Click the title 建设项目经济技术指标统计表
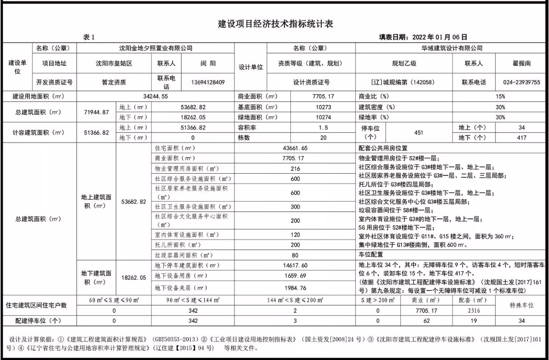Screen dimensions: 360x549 tap(275, 24)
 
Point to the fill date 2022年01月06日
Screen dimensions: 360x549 tap(439, 37)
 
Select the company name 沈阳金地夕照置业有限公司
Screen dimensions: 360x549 tap(156, 48)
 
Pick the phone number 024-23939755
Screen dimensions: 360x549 tap(521, 82)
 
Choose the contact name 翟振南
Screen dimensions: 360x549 tap(521, 64)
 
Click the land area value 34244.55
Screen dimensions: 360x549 tap(156, 96)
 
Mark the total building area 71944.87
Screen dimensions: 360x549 tap(96, 112)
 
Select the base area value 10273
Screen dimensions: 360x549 tap(323, 107)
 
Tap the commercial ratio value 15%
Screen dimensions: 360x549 tap(500, 96)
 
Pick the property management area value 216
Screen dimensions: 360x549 tap(296, 169)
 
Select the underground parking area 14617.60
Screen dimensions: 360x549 tap(296, 266)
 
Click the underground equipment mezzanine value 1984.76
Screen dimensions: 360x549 tap(296, 288)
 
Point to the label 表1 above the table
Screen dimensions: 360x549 tap(89, 37)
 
